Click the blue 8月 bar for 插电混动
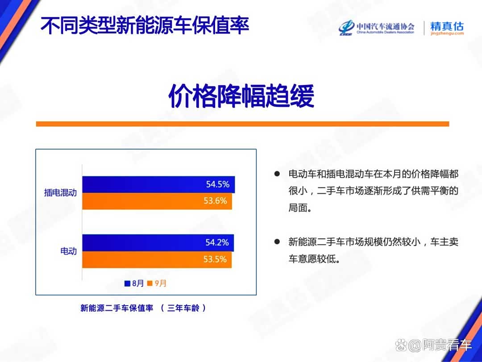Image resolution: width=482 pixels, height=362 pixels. click(x=158, y=184)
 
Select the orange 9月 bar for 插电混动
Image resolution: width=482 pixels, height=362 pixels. click(x=157, y=201)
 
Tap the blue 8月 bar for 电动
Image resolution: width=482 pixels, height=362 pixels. click(x=158, y=243)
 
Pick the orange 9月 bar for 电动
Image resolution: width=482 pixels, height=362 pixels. click(x=157, y=260)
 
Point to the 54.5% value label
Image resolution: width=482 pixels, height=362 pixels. click(x=218, y=184)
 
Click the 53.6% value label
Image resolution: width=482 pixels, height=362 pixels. click(x=215, y=201)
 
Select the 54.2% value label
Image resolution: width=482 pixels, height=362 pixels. click(x=217, y=242)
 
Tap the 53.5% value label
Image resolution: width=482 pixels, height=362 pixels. click(x=215, y=259)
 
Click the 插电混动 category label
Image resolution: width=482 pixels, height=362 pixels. click(x=60, y=192)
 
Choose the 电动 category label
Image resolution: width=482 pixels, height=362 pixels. click(x=69, y=251)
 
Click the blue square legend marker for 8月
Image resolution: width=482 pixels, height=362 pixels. click(x=127, y=283)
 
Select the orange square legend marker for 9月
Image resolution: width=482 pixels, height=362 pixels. click(x=150, y=283)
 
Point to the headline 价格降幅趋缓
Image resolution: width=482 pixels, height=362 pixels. click(x=241, y=96)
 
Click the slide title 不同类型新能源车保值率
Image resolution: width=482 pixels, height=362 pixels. click(x=145, y=25)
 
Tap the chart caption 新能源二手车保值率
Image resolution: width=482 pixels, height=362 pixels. click(x=117, y=308)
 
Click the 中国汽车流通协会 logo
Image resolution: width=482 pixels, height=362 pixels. click(x=376, y=28)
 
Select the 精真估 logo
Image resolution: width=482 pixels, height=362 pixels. click(x=447, y=28)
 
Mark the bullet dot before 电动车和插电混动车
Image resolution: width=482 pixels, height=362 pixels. click(x=277, y=174)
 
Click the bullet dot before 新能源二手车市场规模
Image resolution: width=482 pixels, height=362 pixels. click(x=277, y=241)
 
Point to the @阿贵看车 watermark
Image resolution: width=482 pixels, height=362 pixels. click(x=433, y=345)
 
